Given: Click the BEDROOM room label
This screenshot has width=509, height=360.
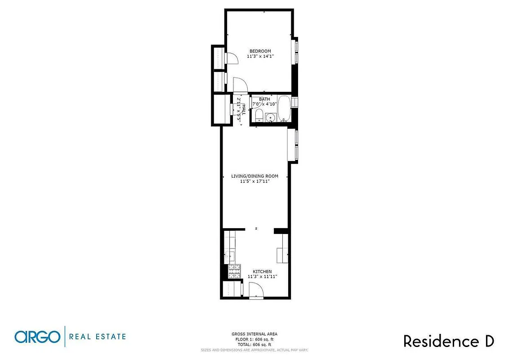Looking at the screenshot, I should click(x=260, y=51).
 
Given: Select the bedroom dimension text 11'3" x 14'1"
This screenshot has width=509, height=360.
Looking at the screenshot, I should click(x=260, y=56).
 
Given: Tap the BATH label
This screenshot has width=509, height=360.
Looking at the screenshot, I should click(x=264, y=99).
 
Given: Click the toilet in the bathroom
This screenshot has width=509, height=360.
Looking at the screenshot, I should click(x=258, y=117).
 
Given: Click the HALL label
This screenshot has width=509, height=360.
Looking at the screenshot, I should click(x=244, y=109).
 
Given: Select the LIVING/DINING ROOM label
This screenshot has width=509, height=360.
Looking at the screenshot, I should click(x=254, y=176).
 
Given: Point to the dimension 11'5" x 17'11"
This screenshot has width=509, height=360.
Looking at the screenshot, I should click(x=254, y=181).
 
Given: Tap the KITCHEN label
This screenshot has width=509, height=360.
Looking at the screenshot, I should click(x=262, y=271).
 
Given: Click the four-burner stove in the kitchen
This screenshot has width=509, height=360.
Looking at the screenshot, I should click(x=235, y=271).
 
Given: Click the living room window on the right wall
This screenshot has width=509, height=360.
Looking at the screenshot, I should click(x=296, y=145).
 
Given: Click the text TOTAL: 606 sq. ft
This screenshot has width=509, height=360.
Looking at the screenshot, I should click(x=254, y=344).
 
